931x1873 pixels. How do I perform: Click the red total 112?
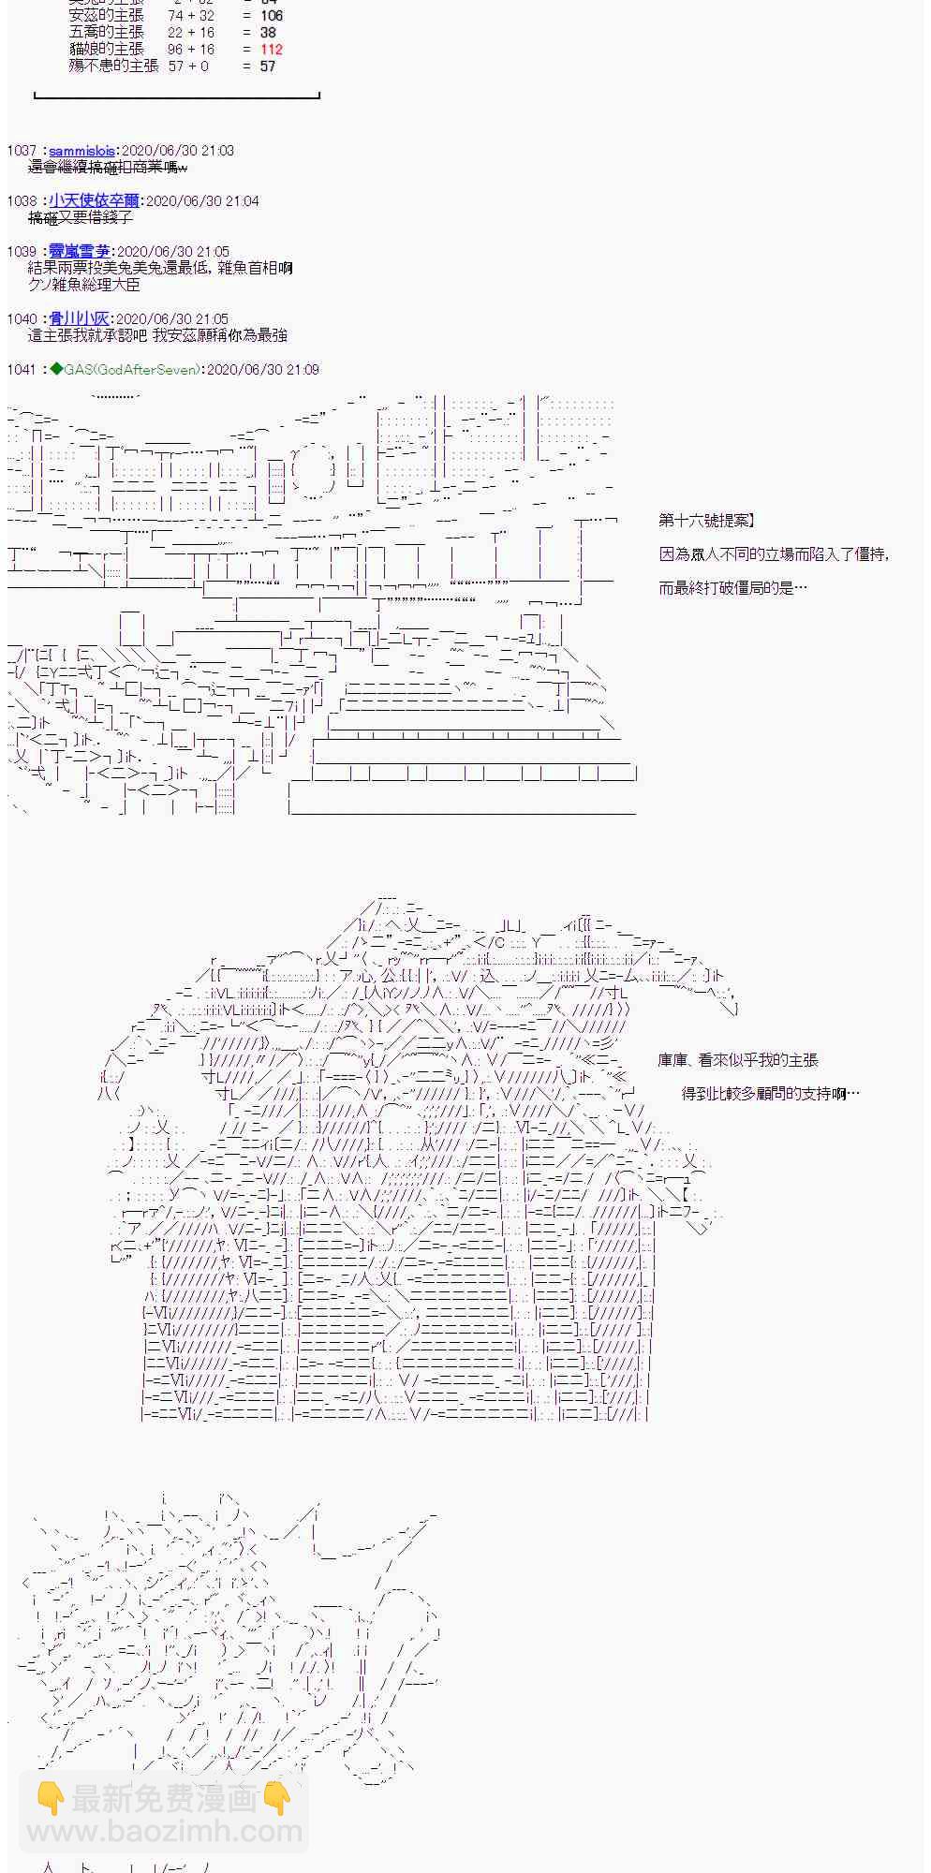(x=272, y=50)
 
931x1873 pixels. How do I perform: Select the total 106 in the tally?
(x=272, y=16)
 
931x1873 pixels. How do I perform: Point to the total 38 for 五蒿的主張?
(x=268, y=33)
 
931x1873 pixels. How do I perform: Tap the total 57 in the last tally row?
(x=268, y=66)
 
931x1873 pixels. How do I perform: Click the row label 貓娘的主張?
(x=107, y=50)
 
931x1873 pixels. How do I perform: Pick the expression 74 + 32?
(x=191, y=16)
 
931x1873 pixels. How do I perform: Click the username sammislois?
(x=82, y=151)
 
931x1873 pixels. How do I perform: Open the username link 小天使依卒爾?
(x=94, y=201)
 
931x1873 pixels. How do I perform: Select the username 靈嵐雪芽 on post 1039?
(x=80, y=252)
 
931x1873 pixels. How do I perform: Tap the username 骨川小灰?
(x=80, y=319)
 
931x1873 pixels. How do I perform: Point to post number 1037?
(x=22, y=151)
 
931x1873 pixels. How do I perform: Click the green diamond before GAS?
(x=56, y=370)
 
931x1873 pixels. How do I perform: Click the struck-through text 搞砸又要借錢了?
(x=81, y=218)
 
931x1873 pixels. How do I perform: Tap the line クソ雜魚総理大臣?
(x=84, y=285)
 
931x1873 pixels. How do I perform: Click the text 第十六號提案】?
(x=707, y=521)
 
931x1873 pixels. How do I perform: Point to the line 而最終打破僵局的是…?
(x=732, y=588)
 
